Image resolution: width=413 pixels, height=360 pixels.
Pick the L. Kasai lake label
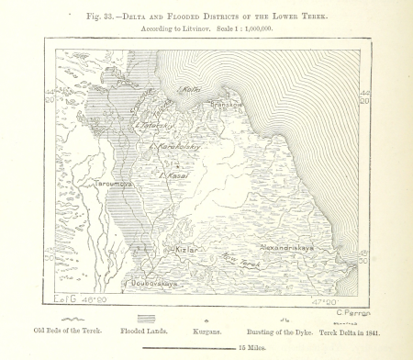click(x=173, y=174)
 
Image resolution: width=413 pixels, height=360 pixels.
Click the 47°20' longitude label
click(x=323, y=301)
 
